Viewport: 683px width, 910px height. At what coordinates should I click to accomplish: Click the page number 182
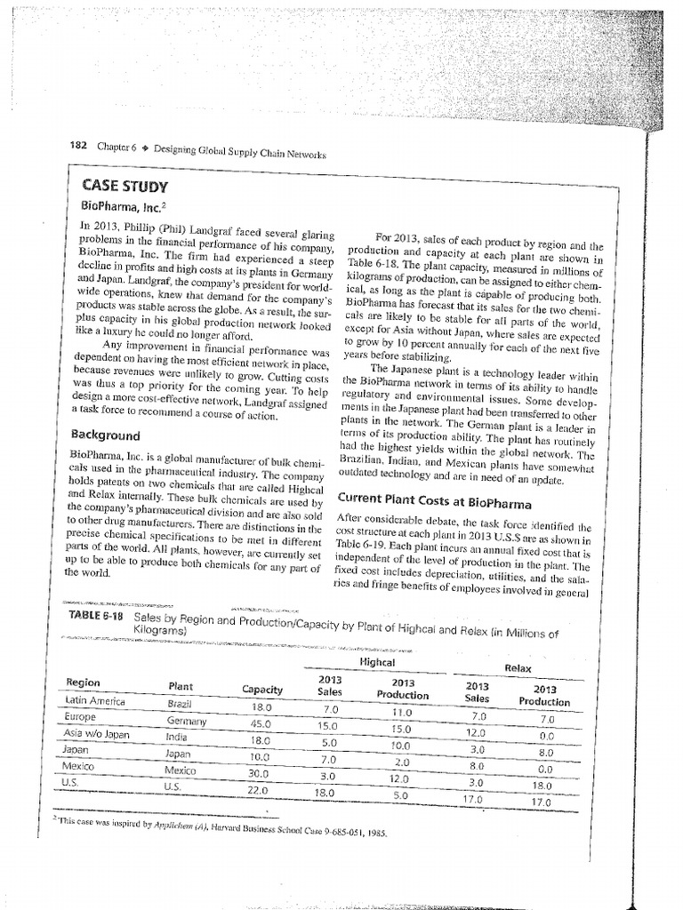click(x=78, y=146)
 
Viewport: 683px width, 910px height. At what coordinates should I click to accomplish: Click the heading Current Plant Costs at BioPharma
click(x=430, y=495)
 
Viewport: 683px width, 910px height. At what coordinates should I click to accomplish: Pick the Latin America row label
click(x=96, y=701)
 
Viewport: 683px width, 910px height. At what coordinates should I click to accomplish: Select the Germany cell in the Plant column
click(x=185, y=721)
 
